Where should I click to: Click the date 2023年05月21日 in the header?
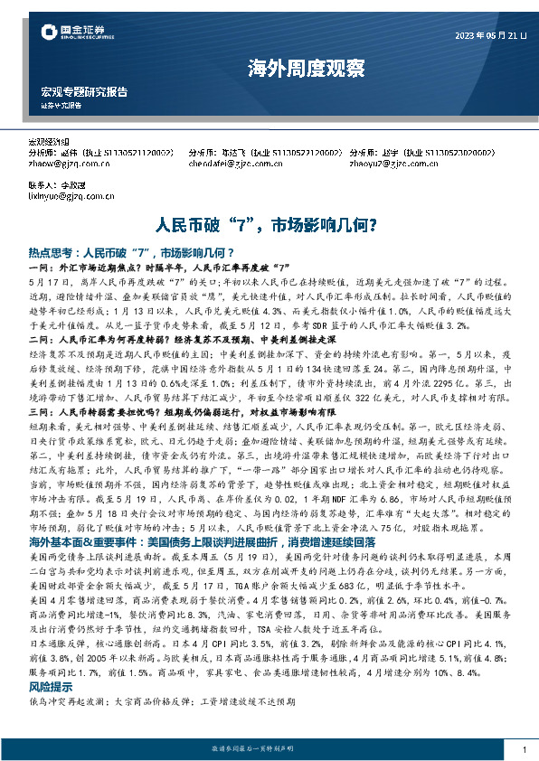click(489, 35)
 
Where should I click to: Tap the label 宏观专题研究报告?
click(84, 92)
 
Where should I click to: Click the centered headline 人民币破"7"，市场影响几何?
click(268, 222)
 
